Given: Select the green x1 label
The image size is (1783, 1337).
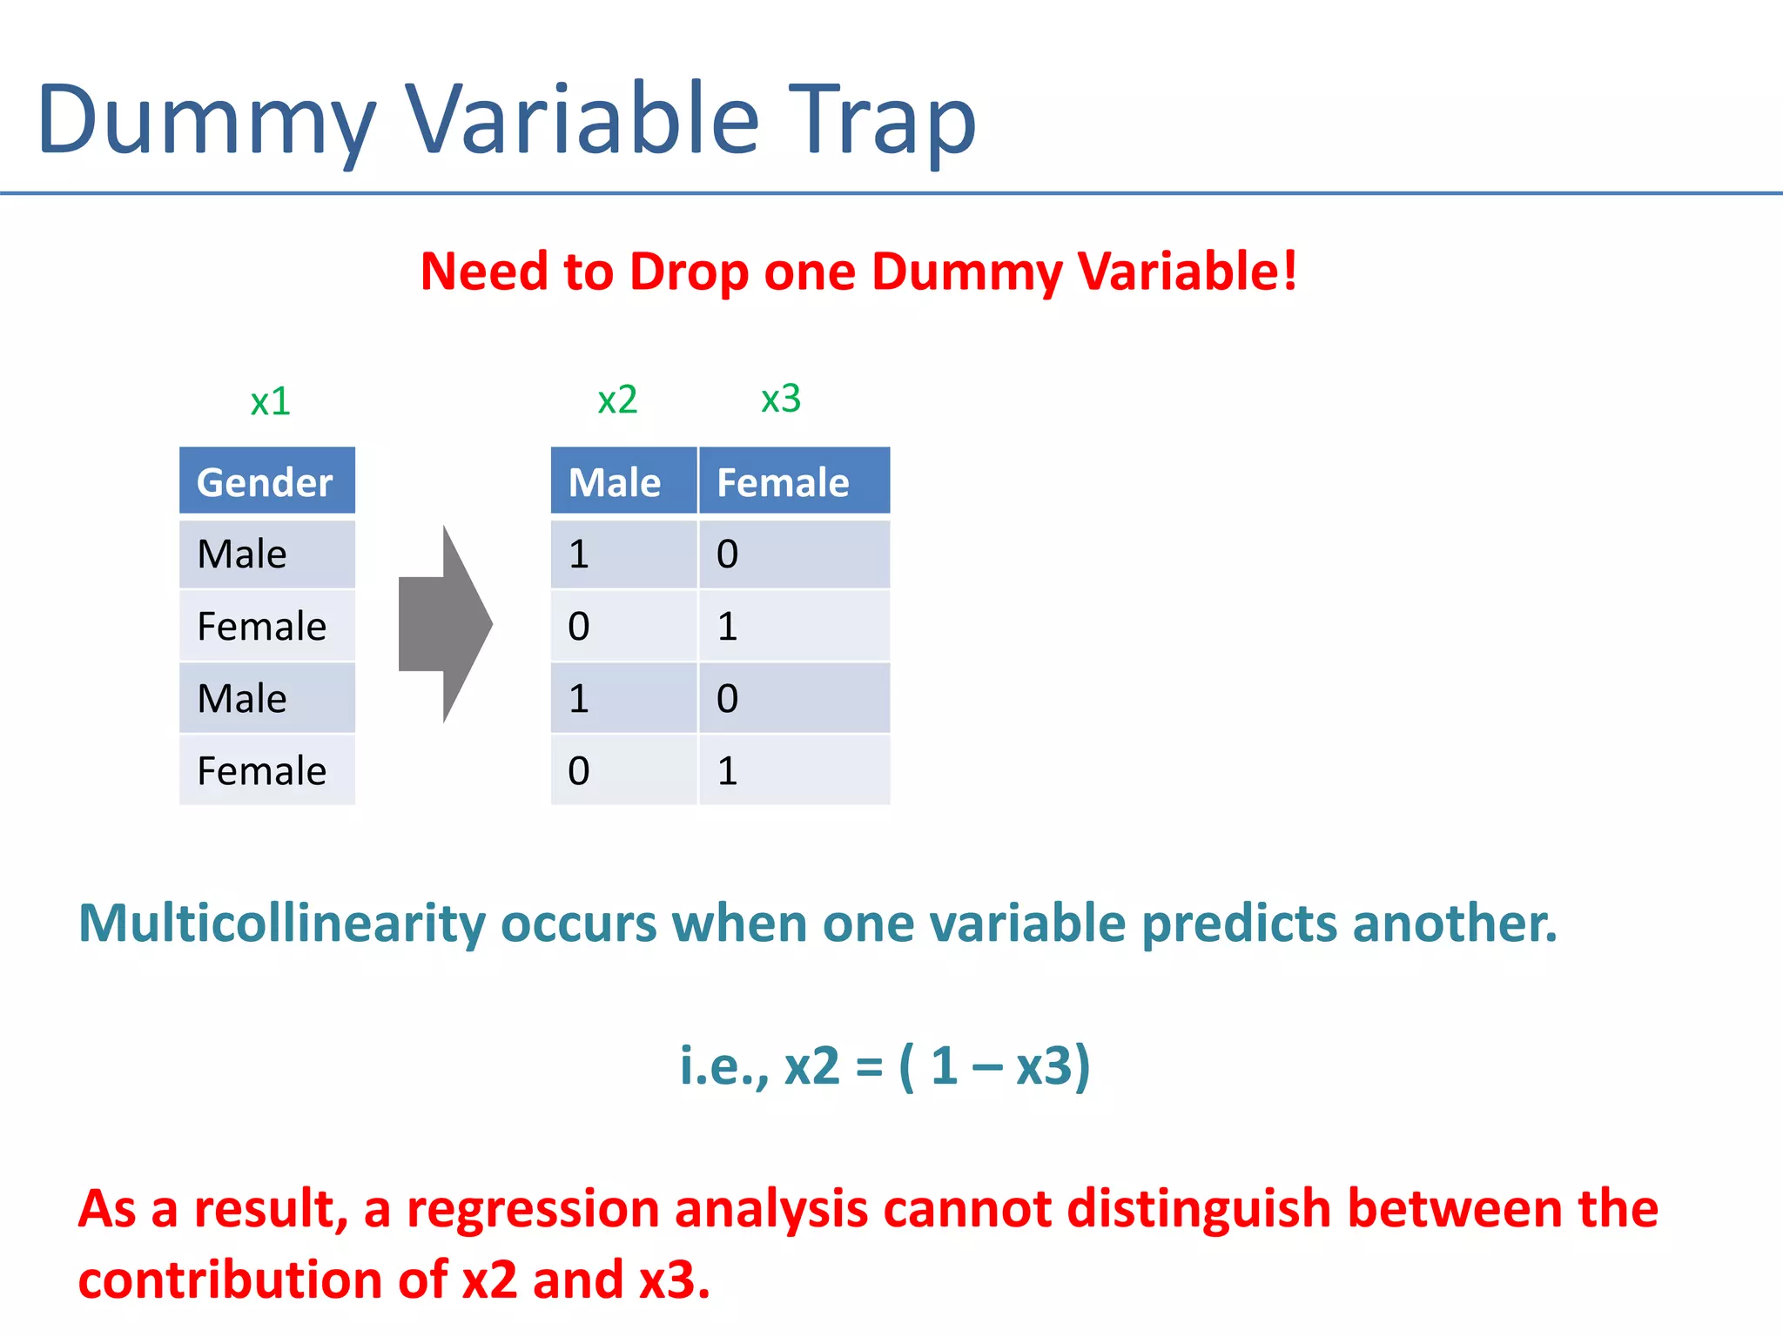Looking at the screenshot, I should point(270,401).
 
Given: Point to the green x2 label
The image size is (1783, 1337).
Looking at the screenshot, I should point(617,400).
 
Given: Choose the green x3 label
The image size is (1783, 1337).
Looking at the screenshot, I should point(780,399).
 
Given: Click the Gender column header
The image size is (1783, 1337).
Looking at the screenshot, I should point(266,482).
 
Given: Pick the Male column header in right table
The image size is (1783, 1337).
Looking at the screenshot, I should point(615,482).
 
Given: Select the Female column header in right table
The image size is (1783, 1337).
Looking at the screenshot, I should point(783,482).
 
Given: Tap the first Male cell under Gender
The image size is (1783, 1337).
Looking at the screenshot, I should point(242,554).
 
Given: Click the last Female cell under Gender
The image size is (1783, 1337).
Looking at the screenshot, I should point(261,771).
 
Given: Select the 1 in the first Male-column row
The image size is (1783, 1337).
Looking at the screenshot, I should point(579,554).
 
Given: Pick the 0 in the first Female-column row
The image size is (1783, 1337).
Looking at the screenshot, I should point(728,554).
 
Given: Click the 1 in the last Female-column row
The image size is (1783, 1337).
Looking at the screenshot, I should point(728,771).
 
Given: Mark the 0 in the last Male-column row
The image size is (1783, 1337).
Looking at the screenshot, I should point(579,771).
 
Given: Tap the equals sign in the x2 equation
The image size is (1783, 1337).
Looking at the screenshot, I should point(869,1066).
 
